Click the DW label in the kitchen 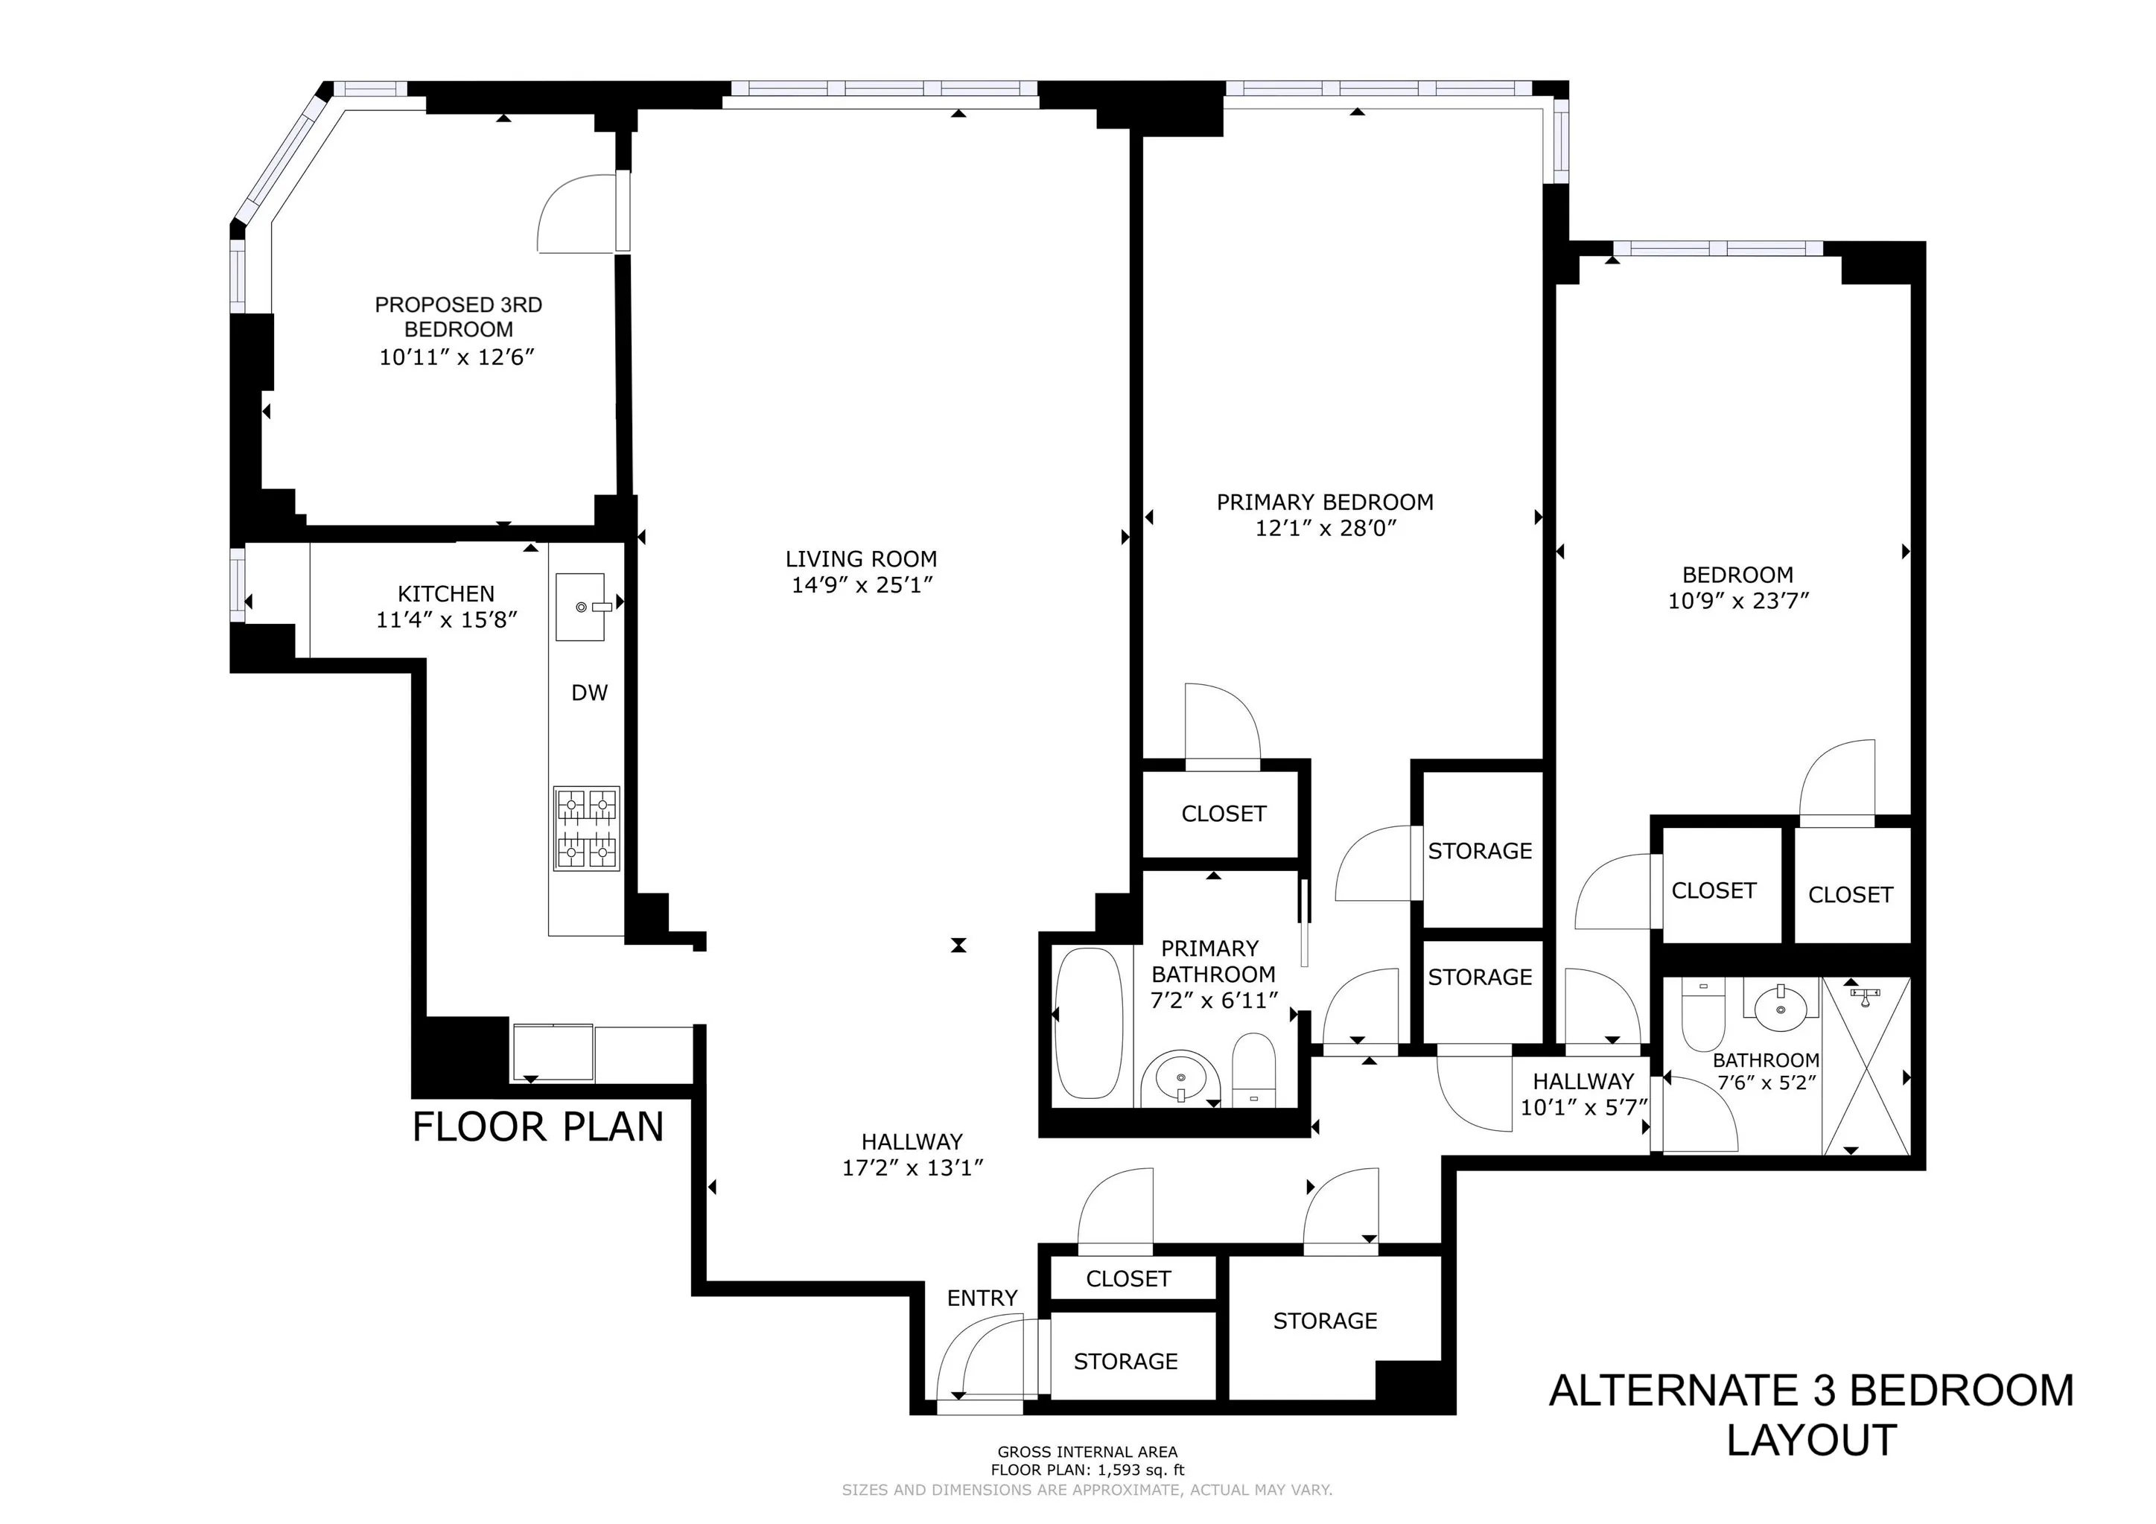[x=590, y=693]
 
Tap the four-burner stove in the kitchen [x=587, y=828]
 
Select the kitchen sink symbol [x=580, y=607]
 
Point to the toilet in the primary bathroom [x=1253, y=1071]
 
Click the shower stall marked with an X [x=1865, y=1066]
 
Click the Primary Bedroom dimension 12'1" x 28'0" [x=1325, y=528]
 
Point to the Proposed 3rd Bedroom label [x=458, y=317]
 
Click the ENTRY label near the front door [x=982, y=1298]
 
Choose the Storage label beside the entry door [x=1125, y=1362]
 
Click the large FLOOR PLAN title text [x=538, y=1126]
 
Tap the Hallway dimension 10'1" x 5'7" [x=1584, y=1107]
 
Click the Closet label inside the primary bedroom [x=1224, y=814]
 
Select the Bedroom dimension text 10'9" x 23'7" [x=1737, y=601]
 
